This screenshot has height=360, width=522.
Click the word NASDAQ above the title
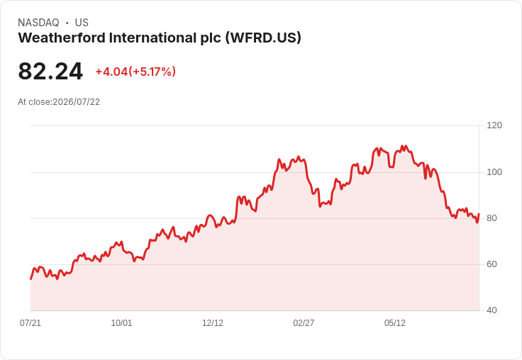[x=38, y=23]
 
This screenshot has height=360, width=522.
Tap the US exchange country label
[x=82, y=23]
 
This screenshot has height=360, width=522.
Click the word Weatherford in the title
[x=62, y=38]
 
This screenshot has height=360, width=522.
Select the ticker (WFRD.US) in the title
[x=263, y=38]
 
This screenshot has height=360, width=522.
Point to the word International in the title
[x=152, y=38]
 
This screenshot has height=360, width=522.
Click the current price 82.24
[x=50, y=71]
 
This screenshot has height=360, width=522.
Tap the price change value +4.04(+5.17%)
[x=135, y=72]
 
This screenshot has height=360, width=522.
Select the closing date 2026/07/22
[x=76, y=102]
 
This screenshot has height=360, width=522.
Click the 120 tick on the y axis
[x=494, y=125]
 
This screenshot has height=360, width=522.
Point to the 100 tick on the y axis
[x=494, y=172]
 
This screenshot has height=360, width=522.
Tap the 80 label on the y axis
[x=492, y=218]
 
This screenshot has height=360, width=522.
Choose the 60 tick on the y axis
[x=492, y=264]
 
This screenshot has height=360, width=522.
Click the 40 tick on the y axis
[x=492, y=310]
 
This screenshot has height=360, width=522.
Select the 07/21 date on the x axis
[x=30, y=323]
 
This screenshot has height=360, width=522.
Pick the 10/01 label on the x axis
[x=121, y=323]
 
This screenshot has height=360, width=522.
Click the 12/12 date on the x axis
[x=213, y=323]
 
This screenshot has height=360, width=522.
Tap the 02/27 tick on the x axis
[x=304, y=323]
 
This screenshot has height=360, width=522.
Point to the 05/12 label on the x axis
[x=395, y=323]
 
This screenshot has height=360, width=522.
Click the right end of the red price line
[x=479, y=214]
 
